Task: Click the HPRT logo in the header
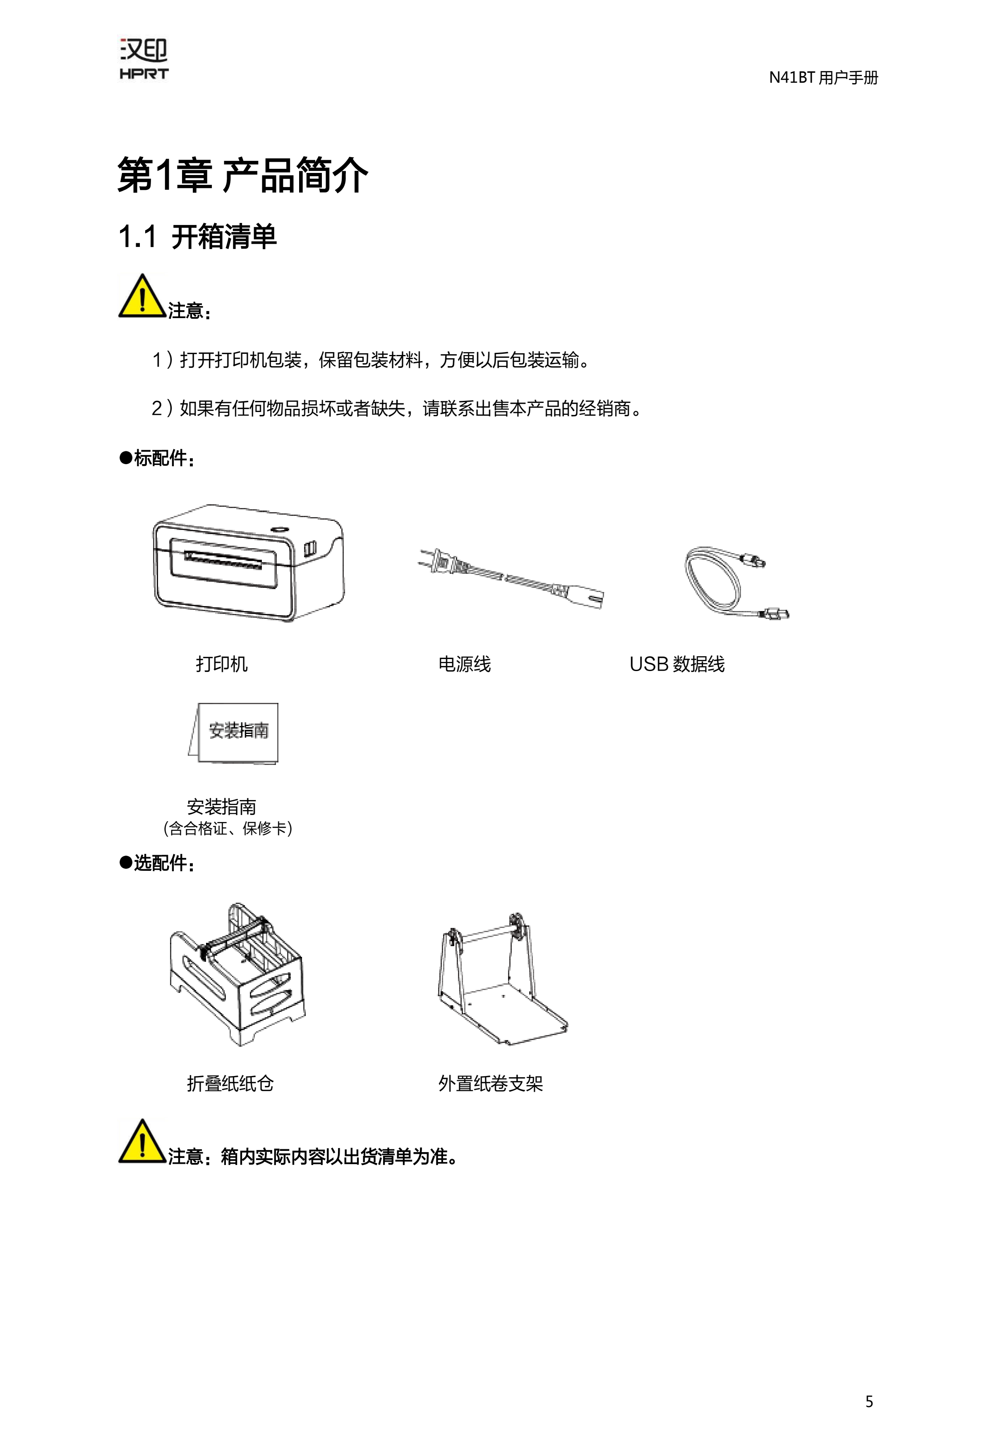[x=144, y=60]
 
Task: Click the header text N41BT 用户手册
[x=823, y=78]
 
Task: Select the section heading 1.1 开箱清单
[x=197, y=237]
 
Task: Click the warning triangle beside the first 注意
[x=142, y=297]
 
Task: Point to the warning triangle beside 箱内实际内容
[x=142, y=1141]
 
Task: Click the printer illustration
[x=248, y=563]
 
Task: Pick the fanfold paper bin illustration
[x=237, y=974]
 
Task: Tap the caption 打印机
[x=222, y=664]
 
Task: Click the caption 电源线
[x=465, y=664]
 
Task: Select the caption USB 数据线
[x=677, y=664]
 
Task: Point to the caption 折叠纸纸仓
[x=230, y=1083]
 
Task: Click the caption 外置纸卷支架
[x=491, y=1083]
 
